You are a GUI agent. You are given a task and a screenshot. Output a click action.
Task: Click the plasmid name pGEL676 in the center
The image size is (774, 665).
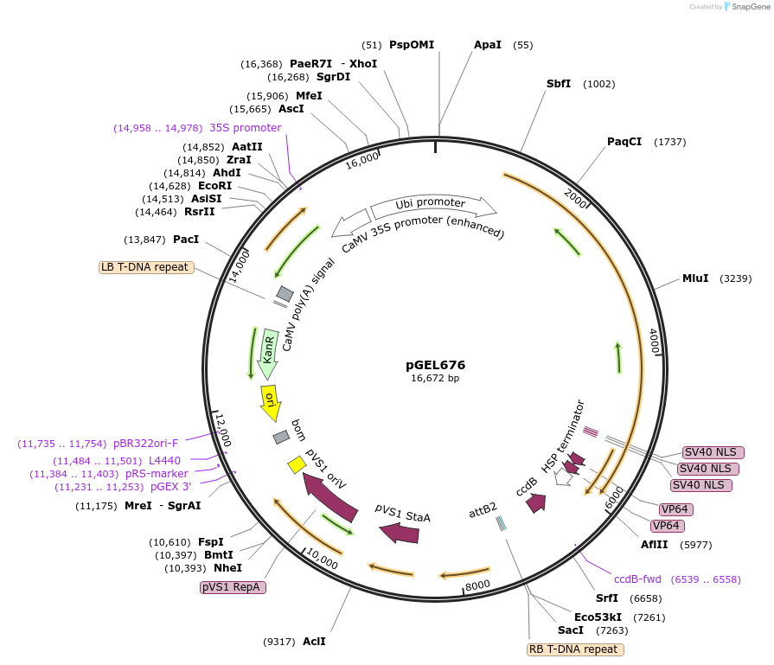click(x=435, y=365)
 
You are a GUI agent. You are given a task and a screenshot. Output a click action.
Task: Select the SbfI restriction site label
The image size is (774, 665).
click(x=559, y=84)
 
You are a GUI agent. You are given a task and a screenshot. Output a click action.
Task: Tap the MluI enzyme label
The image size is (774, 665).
click(x=695, y=278)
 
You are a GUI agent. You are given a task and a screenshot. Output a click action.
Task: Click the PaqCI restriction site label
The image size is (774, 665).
click(x=624, y=142)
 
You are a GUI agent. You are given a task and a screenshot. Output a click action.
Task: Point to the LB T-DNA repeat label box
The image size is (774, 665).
click(x=145, y=267)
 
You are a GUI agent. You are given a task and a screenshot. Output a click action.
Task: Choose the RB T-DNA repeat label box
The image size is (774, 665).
click(x=574, y=649)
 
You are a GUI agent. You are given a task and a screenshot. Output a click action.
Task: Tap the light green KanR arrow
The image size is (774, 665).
click(x=269, y=352)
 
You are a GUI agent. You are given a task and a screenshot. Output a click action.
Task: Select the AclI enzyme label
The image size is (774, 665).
click(x=314, y=642)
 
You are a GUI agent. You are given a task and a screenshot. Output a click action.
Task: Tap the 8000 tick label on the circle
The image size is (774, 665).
click(x=477, y=586)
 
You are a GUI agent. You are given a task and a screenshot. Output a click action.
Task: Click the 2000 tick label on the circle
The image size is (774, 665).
click(x=575, y=196)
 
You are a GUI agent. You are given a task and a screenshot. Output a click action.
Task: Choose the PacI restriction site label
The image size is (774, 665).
click(x=186, y=240)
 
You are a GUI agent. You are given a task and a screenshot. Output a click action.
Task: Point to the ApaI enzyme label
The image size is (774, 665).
click(x=487, y=45)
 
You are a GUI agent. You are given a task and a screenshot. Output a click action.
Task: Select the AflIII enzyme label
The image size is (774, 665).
click(x=654, y=545)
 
